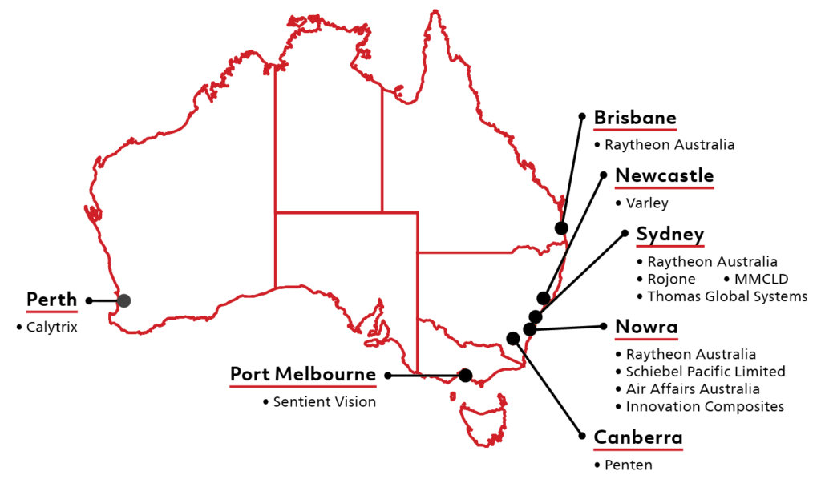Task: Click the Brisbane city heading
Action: pyautogui.click(x=635, y=119)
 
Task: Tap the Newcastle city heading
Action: pyautogui.click(x=664, y=176)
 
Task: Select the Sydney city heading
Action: pyautogui.click(x=670, y=235)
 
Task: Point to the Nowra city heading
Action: pyautogui.click(x=646, y=327)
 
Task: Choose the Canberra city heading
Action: pyautogui.click(x=638, y=438)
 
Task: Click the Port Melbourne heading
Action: pyautogui.click(x=302, y=374)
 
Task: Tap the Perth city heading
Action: pyautogui.click(x=51, y=300)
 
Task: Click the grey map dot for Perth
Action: pyautogui.click(x=123, y=301)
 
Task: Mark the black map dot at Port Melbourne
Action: pyautogui.click(x=465, y=375)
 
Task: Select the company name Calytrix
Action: pyautogui.click(x=51, y=327)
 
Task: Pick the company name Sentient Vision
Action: pyautogui.click(x=324, y=402)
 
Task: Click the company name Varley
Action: pyautogui.click(x=646, y=203)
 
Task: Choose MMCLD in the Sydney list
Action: pyautogui.click(x=762, y=280)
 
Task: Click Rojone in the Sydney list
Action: pyautogui.click(x=671, y=280)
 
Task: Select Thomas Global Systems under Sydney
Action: pyautogui.click(x=727, y=297)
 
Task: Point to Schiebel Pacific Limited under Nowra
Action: pyautogui.click(x=706, y=372)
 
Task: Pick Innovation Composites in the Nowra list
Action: pyautogui.click(x=705, y=407)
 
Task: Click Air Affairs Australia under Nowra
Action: pyautogui.click(x=693, y=389)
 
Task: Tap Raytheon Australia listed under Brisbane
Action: pyautogui.click(x=669, y=146)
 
